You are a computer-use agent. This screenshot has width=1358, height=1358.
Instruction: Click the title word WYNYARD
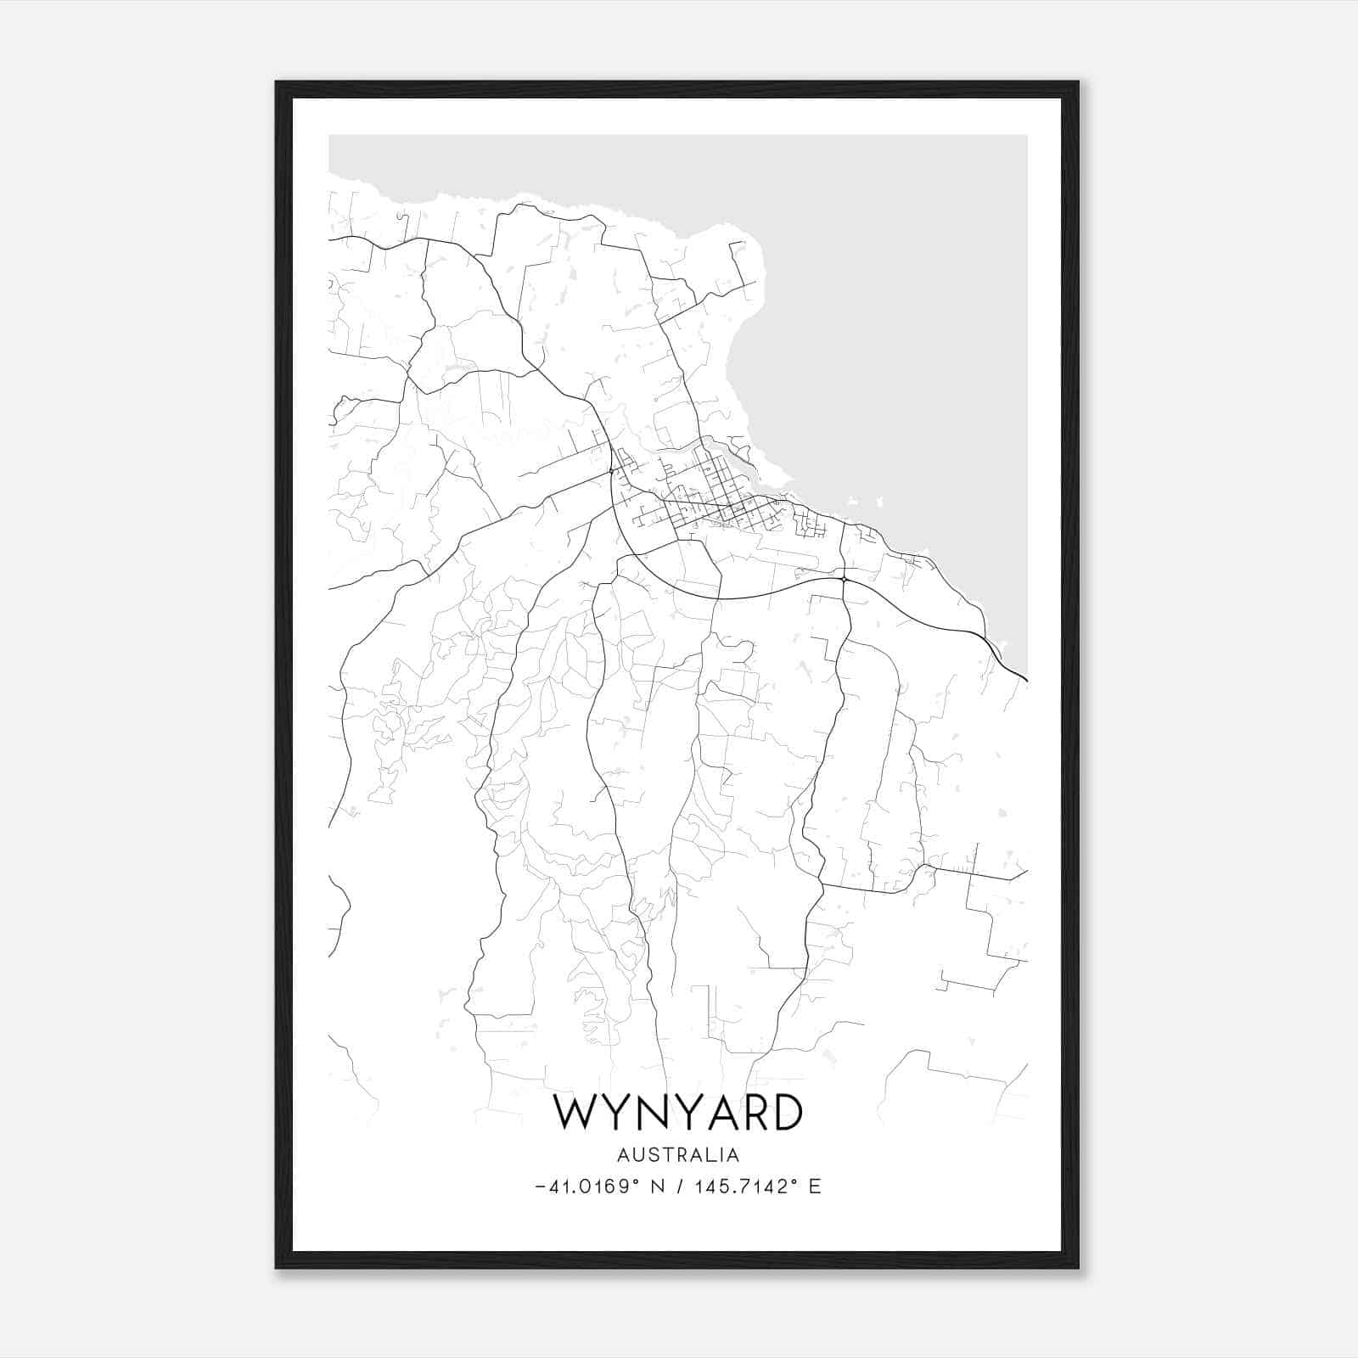[x=678, y=1113]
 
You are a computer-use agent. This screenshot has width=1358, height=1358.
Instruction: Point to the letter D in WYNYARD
[x=786, y=1113]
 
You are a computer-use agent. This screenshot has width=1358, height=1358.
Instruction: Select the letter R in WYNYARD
[x=750, y=1113]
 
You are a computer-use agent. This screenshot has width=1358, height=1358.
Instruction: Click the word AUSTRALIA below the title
[x=678, y=1155]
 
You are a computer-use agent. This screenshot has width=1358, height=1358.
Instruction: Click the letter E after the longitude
[x=815, y=1187]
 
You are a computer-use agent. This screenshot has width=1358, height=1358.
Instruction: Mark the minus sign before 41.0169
[x=541, y=1187]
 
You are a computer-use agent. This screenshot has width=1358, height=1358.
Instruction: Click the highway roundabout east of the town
[x=845, y=580]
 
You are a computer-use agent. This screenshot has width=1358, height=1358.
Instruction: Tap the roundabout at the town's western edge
[x=611, y=470]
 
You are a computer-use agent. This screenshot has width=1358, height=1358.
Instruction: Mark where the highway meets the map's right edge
[x=1026, y=680]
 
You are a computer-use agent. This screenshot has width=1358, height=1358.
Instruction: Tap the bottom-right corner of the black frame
[x=1078, y=1267]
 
